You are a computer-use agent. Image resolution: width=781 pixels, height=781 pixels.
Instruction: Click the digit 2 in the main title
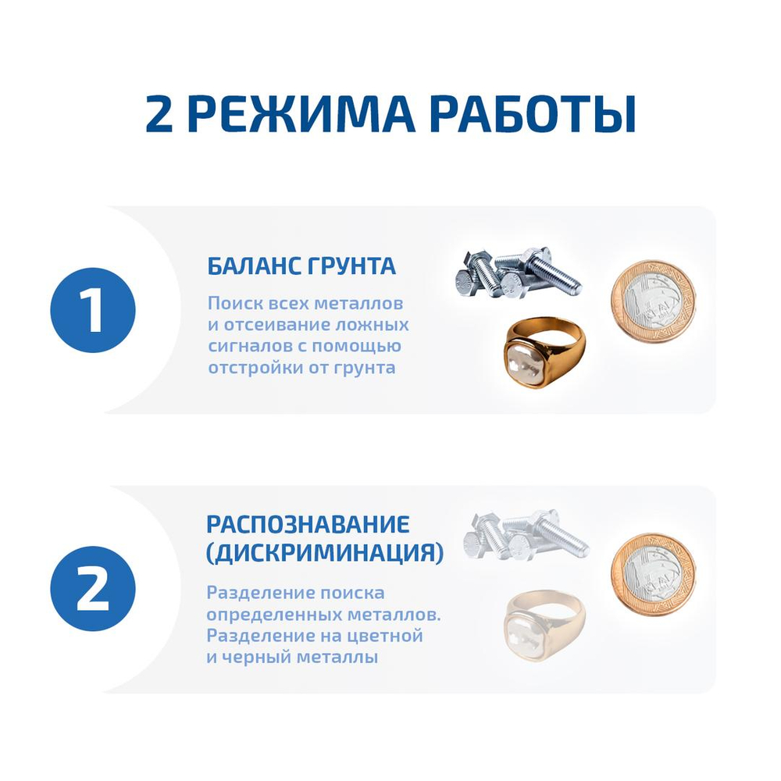coord(162,114)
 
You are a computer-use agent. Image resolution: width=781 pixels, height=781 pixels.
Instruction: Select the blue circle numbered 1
coord(93,310)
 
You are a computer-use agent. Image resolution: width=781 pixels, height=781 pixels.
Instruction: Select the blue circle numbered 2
coord(93,589)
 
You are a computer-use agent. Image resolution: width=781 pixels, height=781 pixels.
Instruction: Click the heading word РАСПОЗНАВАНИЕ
coord(308,524)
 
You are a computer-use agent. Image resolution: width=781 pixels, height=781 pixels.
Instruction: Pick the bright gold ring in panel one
coord(544,351)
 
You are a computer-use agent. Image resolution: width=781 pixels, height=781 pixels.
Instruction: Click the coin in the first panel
coord(652,299)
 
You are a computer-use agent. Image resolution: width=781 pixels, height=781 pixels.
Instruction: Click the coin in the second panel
coord(652,574)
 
